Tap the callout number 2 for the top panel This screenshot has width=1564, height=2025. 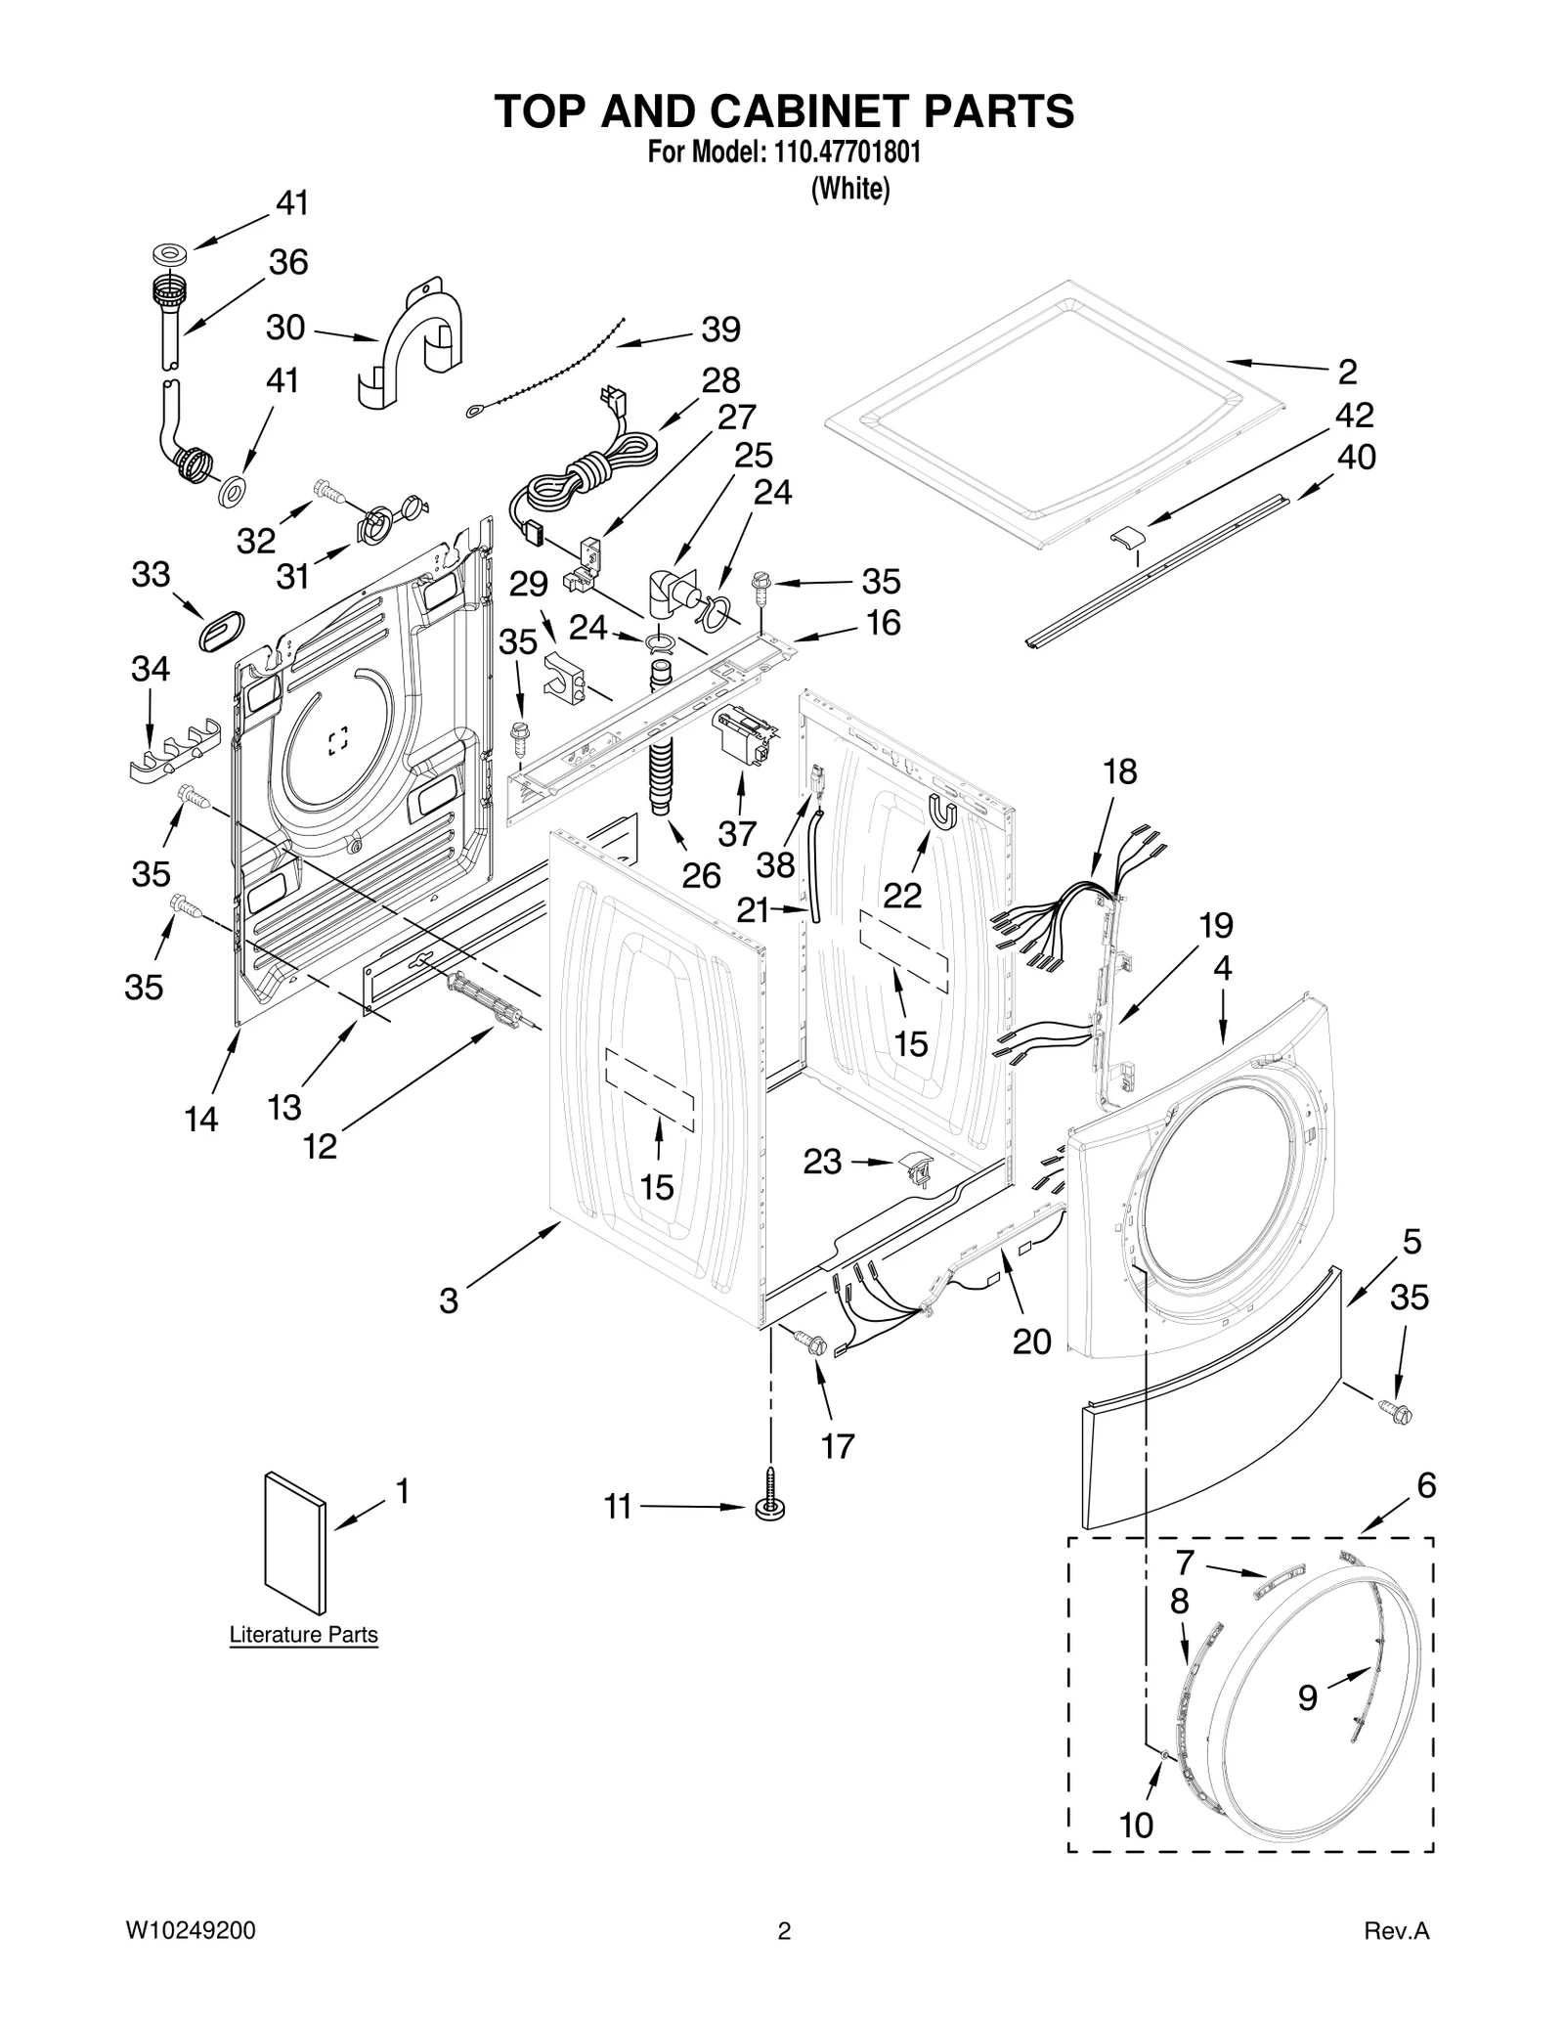tap(1347, 373)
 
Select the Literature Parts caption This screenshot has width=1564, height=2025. tap(303, 1635)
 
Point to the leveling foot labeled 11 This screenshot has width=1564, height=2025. tap(770, 1507)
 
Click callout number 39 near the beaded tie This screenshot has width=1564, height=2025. tap(720, 330)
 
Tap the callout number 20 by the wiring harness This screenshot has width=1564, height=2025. tap(1031, 1342)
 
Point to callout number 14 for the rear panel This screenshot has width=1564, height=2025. tap(201, 1119)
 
